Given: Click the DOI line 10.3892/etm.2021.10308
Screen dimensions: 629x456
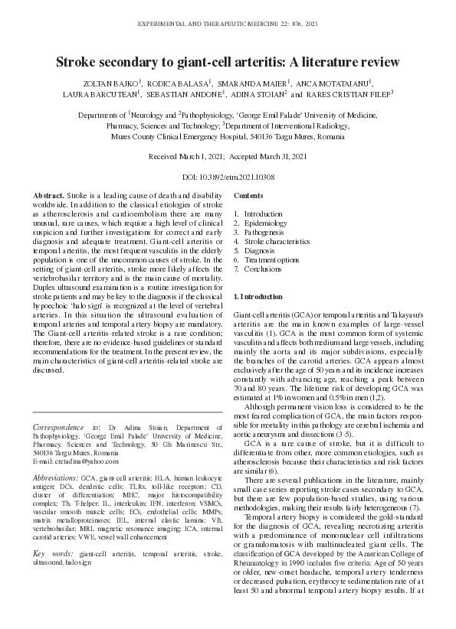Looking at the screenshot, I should [x=228, y=177].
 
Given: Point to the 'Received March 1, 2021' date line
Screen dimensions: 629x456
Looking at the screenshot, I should [x=182, y=155].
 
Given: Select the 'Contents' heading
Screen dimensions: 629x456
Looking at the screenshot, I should [x=248, y=197].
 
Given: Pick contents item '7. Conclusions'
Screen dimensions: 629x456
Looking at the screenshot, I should [x=255, y=269].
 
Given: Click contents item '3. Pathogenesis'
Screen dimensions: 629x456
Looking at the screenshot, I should [x=255, y=232].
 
